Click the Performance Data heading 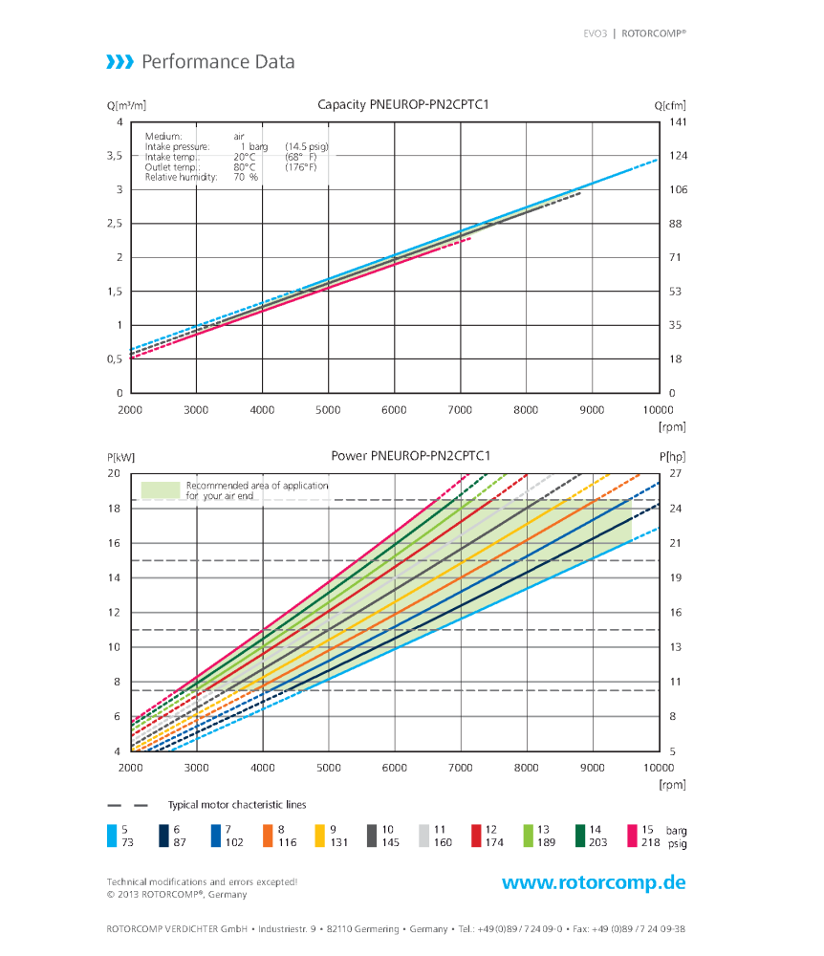[x=217, y=62]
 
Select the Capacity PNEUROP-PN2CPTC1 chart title [x=396, y=105]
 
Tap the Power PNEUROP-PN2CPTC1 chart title [x=396, y=456]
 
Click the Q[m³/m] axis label [x=126, y=105]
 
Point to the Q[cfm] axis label [x=670, y=105]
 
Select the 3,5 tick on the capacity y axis [x=114, y=156]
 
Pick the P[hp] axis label [x=670, y=457]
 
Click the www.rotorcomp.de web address [x=594, y=882]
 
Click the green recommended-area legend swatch [x=161, y=489]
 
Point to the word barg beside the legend [x=677, y=831]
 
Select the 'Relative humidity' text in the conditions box [x=181, y=177]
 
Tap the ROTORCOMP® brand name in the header [x=654, y=33]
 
